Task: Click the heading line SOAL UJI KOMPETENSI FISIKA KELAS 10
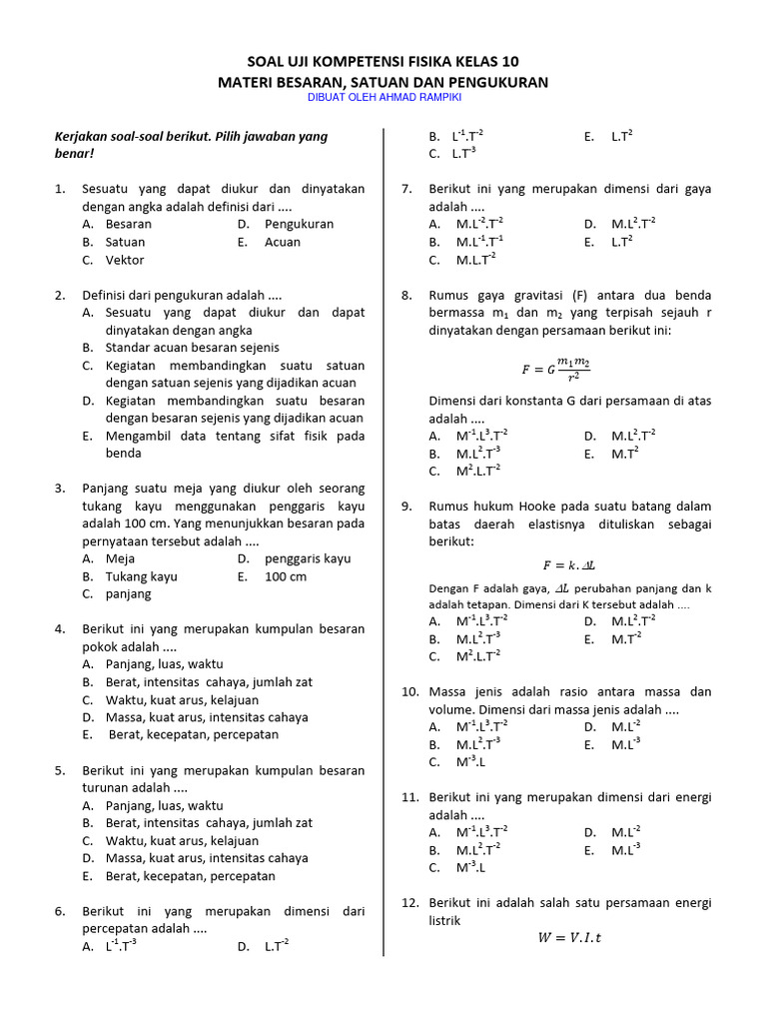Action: (383, 61)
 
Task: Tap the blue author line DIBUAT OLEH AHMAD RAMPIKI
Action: (383, 97)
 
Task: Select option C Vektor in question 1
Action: (125, 260)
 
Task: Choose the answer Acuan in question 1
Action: (282, 242)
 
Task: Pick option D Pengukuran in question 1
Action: (299, 224)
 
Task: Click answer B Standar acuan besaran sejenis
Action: (192, 348)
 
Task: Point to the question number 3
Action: (60, 489)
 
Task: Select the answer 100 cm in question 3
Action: (286, 576)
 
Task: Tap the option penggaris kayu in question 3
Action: (308, 558)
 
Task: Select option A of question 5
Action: (164, 805)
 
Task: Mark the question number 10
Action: (409, 691)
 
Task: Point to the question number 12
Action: (409, 902)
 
